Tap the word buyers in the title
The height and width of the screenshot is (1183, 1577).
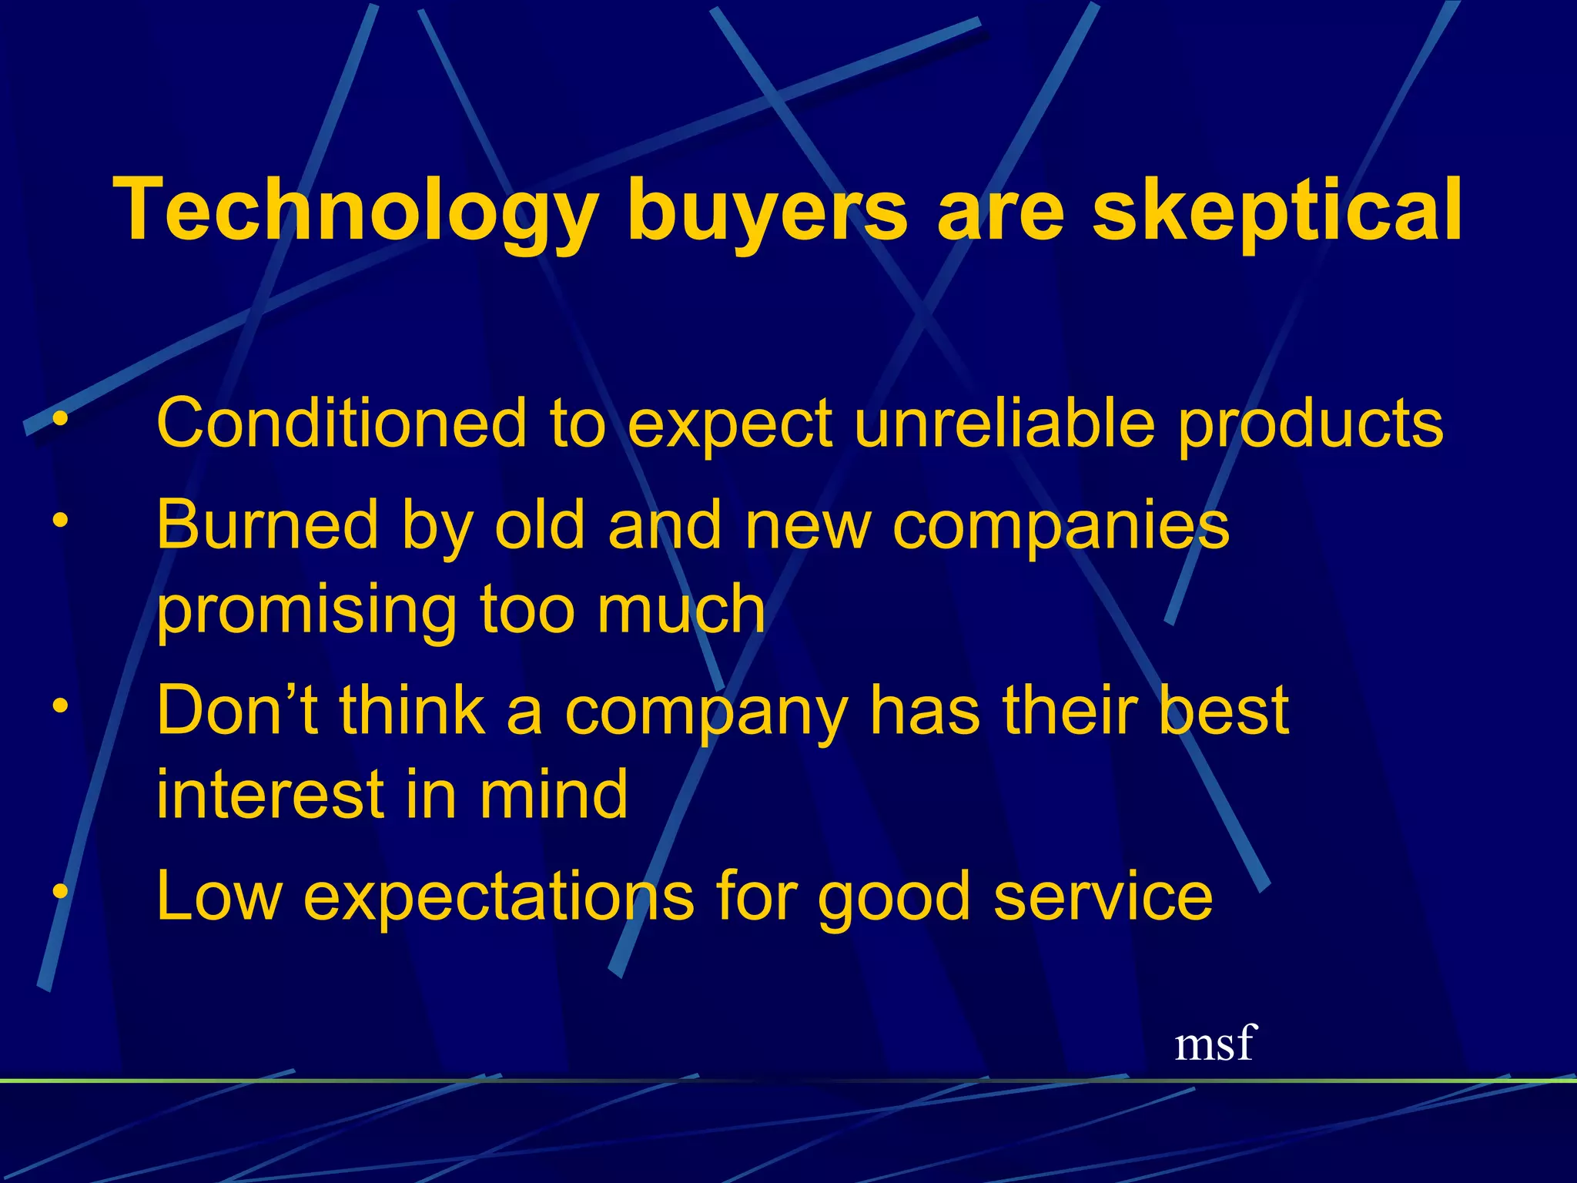pyautogui.click(x=767, y=209)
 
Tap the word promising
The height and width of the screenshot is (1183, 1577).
pyautogui.click(x=306, y=611)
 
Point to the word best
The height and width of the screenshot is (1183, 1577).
pyautogui.click(x=1224, y=710)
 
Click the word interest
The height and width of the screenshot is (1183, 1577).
pyautogui.click(x=269, y=794)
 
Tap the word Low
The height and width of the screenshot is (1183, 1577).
pyautogui.click(x=219, y=896)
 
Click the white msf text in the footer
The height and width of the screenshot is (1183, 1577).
pyautogui.click(x=1214, y=1044)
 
